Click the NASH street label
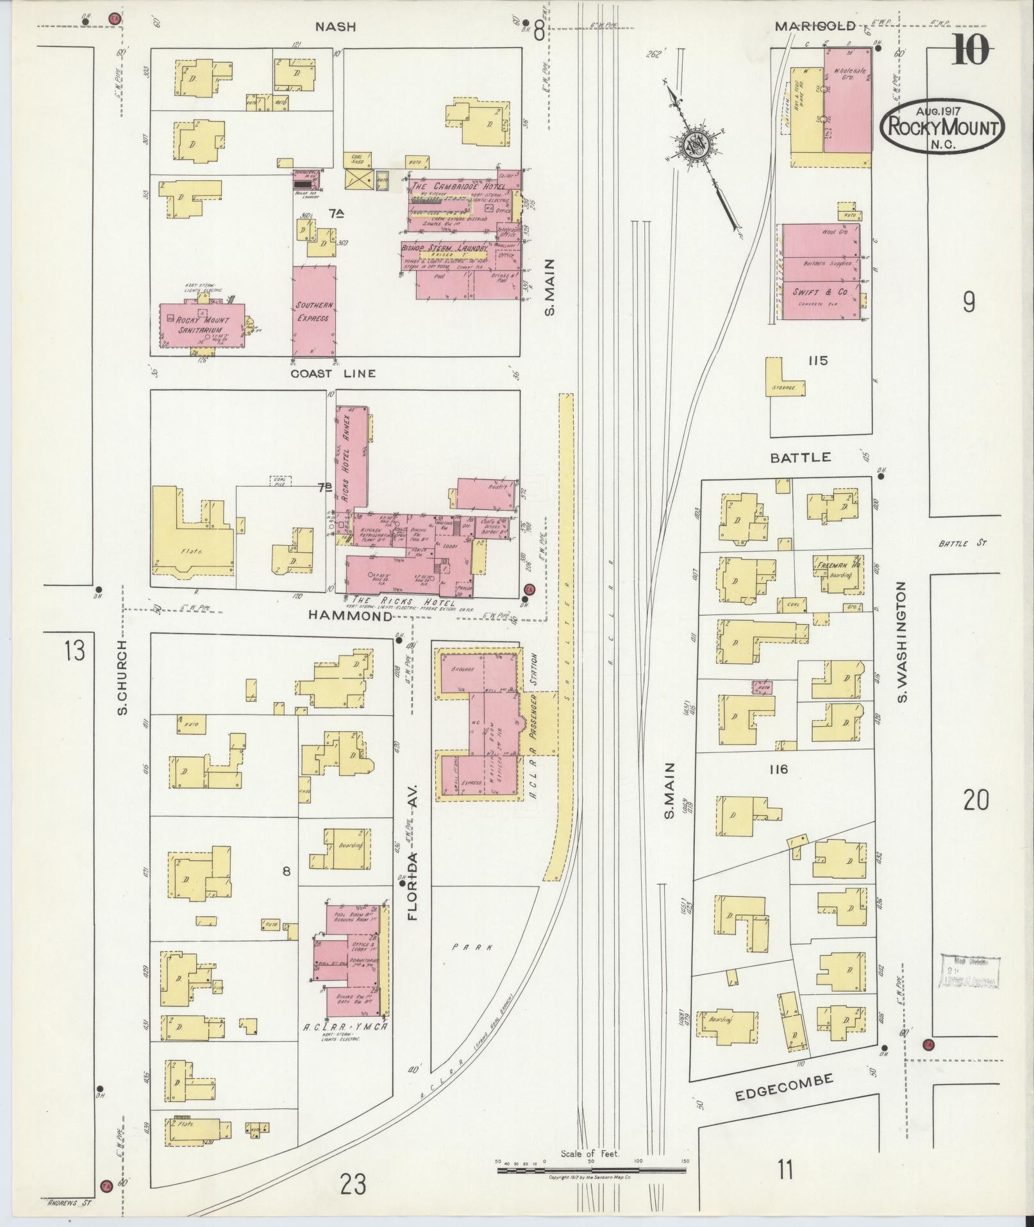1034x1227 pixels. (335, 27)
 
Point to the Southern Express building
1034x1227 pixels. (314, 311)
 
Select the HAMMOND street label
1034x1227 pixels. (350, 615)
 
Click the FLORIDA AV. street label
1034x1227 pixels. (412, 838)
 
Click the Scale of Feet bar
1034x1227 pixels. (591, 1170)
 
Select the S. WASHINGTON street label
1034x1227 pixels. (903, 642)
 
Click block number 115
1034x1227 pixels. (818, 361)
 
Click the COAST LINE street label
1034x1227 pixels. (333, 374)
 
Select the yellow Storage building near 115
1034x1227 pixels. (783, 382)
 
